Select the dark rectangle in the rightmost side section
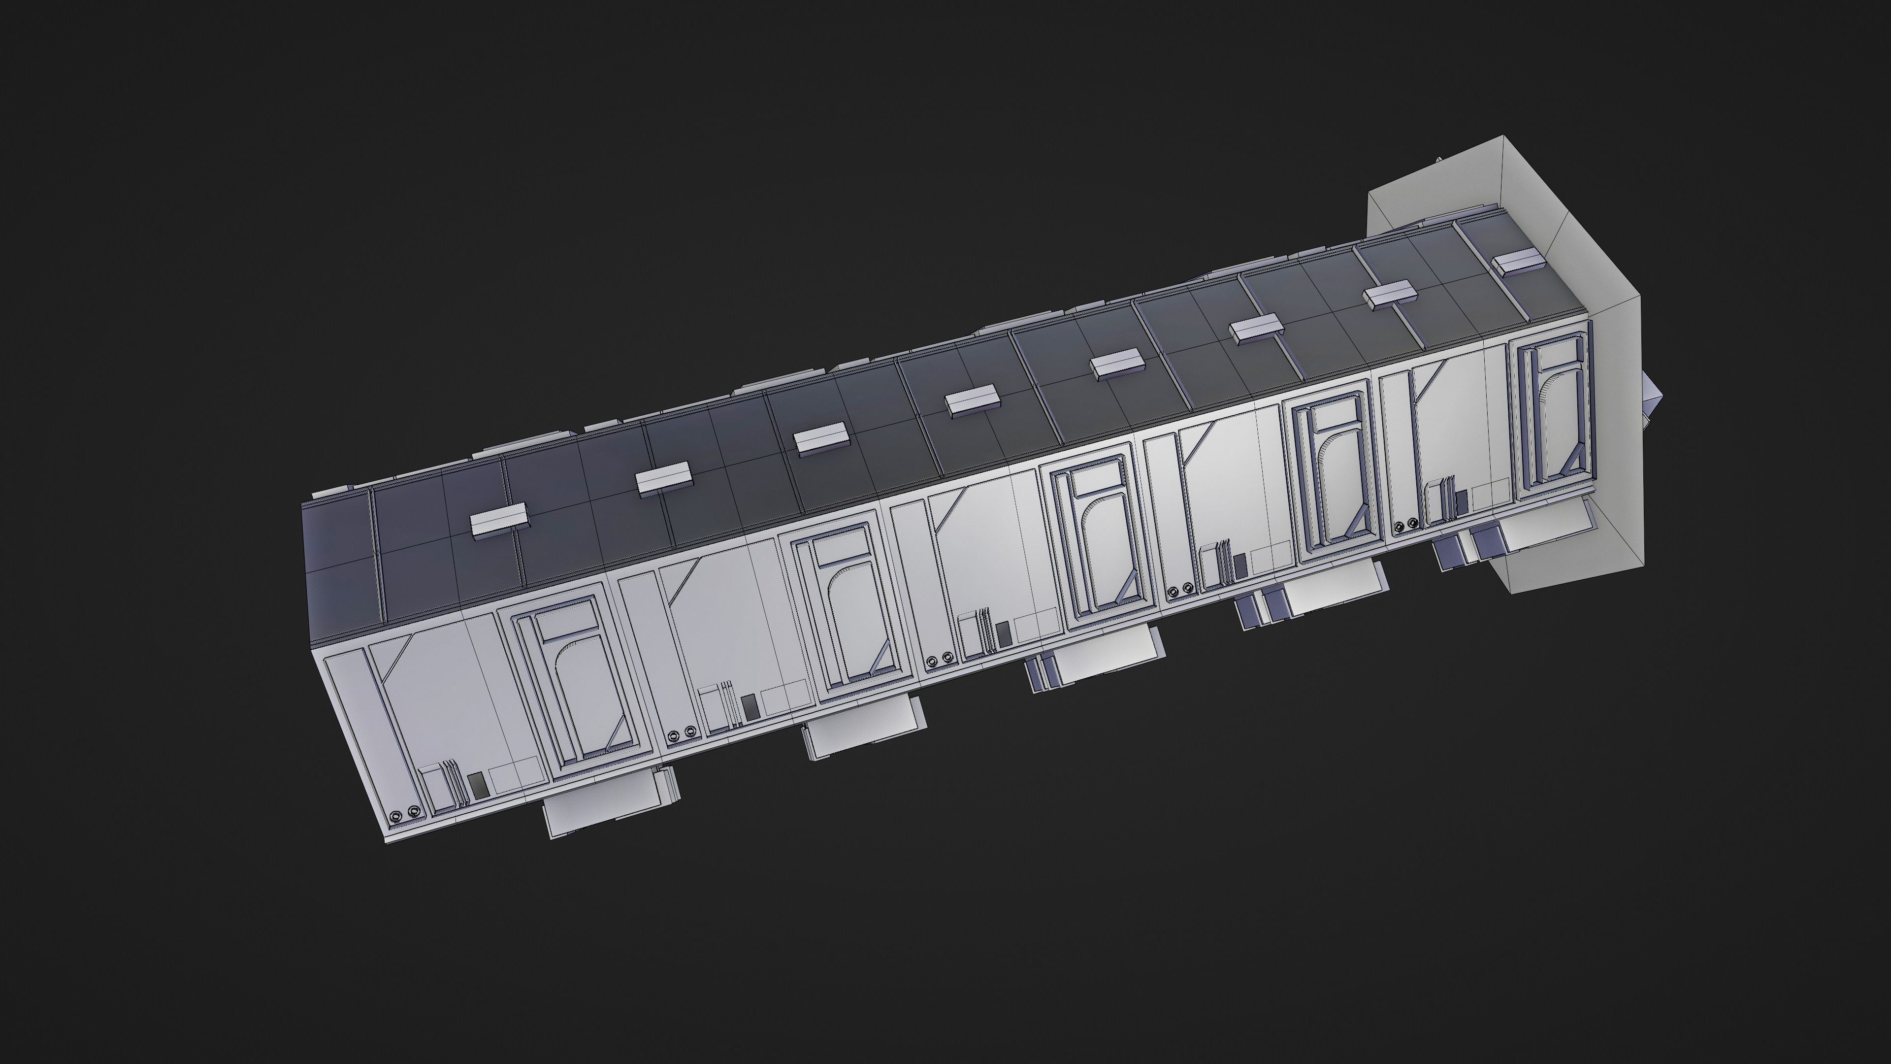(x=1461, y=501)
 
